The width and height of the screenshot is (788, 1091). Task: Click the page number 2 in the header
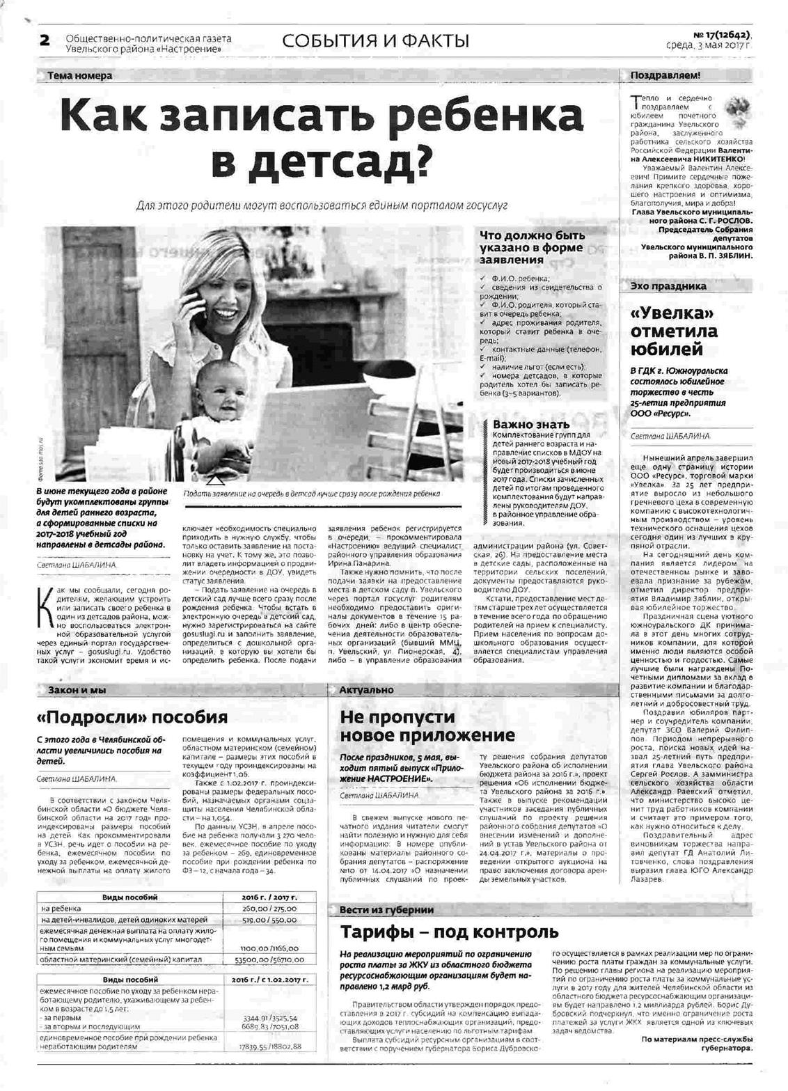45,40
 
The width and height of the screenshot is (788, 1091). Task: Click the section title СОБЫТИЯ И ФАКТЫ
375,41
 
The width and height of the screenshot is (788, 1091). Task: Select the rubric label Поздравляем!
665,75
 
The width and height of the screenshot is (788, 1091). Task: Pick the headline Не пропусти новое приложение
427,726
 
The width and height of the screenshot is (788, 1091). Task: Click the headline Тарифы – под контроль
449,932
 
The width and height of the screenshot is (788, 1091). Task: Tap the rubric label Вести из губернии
386,909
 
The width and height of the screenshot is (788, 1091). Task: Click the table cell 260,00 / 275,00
269,909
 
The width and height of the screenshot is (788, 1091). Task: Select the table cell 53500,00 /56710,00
269,959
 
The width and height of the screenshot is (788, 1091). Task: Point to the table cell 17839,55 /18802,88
269,1046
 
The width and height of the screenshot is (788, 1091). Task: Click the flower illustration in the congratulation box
736,109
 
